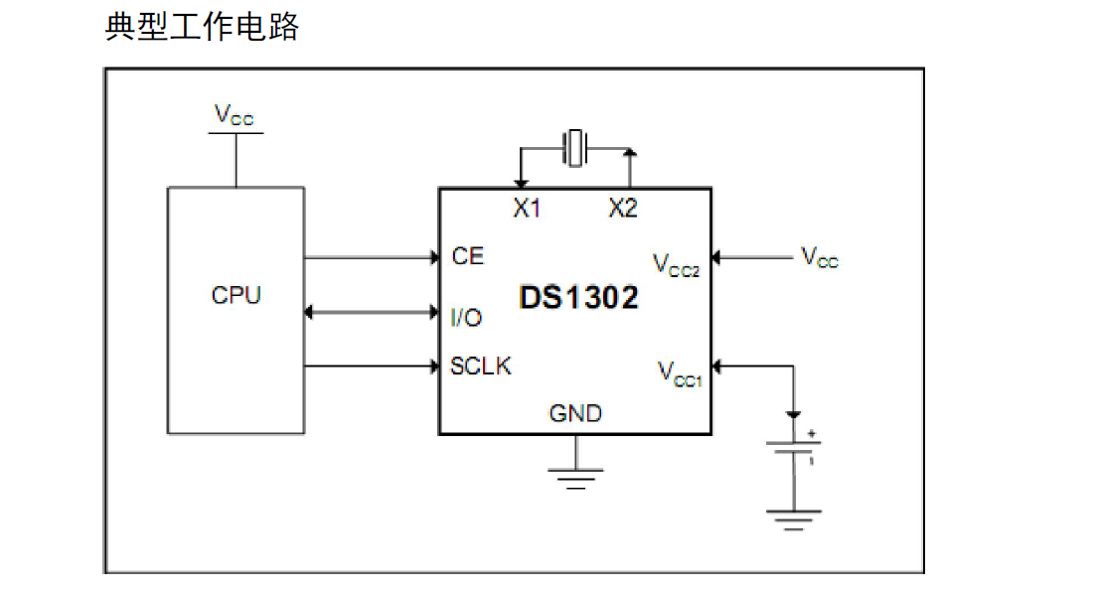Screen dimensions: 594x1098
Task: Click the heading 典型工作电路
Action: pyautogui.click(x=202, y=27)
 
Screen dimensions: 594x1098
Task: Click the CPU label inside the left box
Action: pyautogui.click(x=236, y=296)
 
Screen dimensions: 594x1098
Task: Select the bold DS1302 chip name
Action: pyautogui.click(x=578, y=297)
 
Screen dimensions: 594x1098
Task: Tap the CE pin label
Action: pyautogui.click(x=467, y=256)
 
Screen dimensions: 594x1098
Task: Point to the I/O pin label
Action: pyautogui.click(x=466, y=318)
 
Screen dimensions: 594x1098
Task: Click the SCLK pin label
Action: pyautogui.click(x=481, y=366)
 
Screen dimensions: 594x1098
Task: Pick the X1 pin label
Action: pyautogui.click(x=526, y=209)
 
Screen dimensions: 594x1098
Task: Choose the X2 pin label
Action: pyautogui.click(x=623, y=209)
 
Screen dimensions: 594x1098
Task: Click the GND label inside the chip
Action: pyautogui.click(x=575, y=413)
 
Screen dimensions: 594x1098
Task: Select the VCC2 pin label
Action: pyautogui.click(x=677, y=265)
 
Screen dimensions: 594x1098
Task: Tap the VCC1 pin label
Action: pyautogui.click(x=680, y=373)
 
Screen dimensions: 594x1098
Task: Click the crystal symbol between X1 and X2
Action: pyautogui.click(x=574, y=149)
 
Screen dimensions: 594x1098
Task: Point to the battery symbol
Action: pyautogui.click(x=794, y=449)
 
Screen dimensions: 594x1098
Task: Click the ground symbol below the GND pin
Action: pyautogui.click(x=575, y=480)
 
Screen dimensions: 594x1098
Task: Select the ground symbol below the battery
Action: pyautogui.click(x=794, y=518)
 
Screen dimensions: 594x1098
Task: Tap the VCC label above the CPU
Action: pyautogui.click(x=235, y=115)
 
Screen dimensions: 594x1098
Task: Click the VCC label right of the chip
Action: pyautogui.click(x=820, y=257)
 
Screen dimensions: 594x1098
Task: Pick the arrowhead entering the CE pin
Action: pyautogui.click(x=434, y=258)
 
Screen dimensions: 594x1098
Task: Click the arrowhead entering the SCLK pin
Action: pyautogui.click(x=434, y=367)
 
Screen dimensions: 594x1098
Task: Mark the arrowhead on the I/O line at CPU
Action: pyautogui.click(x=309, y=313)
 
